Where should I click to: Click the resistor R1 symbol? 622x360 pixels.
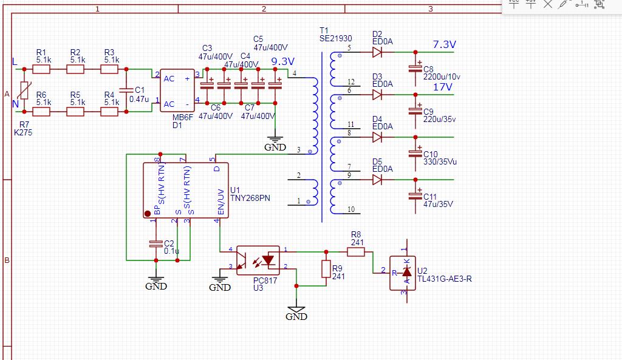pos(41,70)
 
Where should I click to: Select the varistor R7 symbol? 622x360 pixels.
pos(24,91)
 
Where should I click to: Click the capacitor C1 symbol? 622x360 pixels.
pos(126,90)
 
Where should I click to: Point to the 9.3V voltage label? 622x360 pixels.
pos(282,61)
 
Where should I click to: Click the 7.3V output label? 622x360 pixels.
pos(444,45)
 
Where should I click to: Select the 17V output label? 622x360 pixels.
pos(442,87)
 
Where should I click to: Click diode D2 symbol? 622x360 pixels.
pos(378,52)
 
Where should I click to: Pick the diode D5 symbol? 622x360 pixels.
pos(378,180)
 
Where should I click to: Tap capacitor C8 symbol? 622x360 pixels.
pos(415,68)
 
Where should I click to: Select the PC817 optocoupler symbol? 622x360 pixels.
pos(258,260)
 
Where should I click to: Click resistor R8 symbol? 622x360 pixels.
pos(356,251)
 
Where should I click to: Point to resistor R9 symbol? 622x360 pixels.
pos(326,269)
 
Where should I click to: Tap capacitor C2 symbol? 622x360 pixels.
pos(155,243)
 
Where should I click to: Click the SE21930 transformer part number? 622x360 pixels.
pos(335,38)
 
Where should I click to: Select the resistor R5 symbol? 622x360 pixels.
pos(75,112)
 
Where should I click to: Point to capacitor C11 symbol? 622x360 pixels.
pos(415,195)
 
